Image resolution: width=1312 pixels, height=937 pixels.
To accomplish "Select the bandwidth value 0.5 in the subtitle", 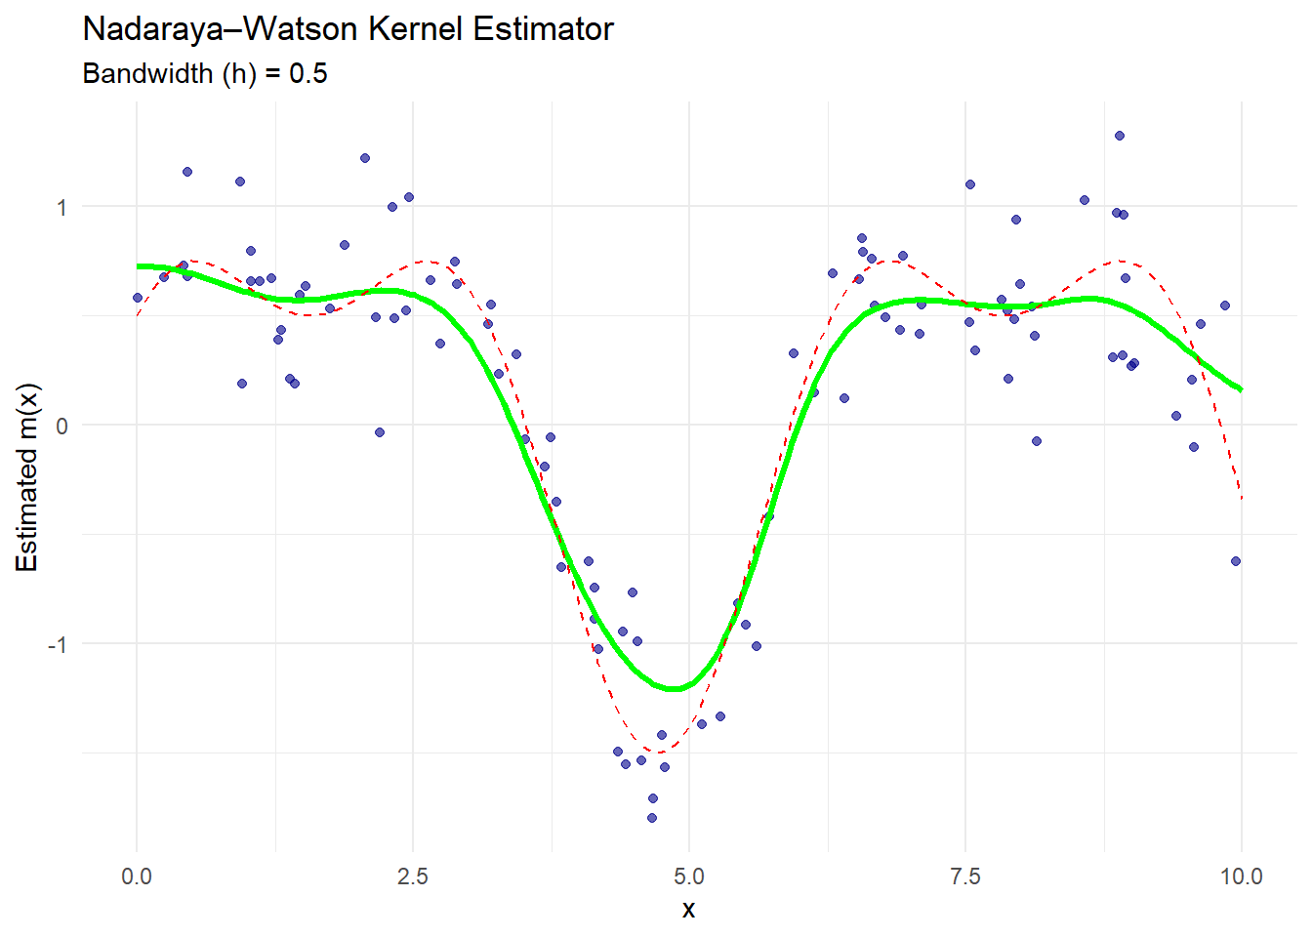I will [308, 74].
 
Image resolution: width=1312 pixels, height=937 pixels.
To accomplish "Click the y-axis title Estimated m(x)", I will [26, 477].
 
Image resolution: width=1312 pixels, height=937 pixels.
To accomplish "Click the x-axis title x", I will [689, 910].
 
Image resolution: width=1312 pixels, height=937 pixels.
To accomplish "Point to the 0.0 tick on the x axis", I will [137, 876].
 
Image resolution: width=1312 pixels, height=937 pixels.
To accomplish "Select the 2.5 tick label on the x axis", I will [413, 876].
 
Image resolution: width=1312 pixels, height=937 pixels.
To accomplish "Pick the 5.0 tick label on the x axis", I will [689, 876].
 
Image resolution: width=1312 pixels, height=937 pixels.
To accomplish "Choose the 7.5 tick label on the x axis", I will [965, 876].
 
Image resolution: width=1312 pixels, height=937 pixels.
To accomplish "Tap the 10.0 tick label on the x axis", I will [1242, 876].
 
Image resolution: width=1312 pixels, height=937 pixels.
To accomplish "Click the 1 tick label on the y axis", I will [61, 207].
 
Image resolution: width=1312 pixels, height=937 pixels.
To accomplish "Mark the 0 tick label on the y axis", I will [61, 426].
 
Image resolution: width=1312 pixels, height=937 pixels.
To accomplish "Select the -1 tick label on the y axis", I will [58, 644].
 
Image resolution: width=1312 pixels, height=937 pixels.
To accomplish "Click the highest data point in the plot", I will [1120, 136].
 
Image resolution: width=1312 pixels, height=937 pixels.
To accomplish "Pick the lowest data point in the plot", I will [652, 818].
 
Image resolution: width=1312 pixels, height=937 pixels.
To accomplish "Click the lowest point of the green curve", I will [674, 689].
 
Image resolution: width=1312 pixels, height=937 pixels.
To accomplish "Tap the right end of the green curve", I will [1241, 389].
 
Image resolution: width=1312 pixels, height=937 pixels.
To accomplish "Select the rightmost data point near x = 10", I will [1236, 561].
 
